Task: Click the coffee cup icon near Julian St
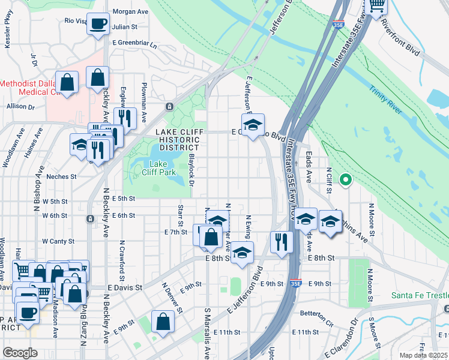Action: tap(98, 25)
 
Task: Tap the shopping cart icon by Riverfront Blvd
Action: tap(376, 6)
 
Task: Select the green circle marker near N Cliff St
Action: tap(345, 179)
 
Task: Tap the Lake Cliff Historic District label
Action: tap(177, 139)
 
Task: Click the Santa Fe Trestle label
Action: tap(420, 295)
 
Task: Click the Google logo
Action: tap(20, 353)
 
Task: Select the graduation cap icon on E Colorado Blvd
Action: tap(253, 125)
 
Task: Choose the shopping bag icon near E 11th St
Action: tap(163, 321)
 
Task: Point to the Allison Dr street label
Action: tap(21, 106)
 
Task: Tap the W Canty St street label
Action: tap(58, 241)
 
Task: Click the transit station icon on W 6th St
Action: tap(90, 218)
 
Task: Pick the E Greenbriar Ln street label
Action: tap(134, 44)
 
